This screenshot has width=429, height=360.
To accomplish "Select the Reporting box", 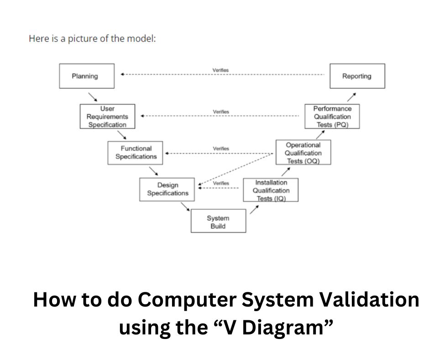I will (357, 76).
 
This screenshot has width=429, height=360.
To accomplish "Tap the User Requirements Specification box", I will (107, 116).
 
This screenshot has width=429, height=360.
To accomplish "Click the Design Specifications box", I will (167, 189).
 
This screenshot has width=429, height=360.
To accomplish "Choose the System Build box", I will (218, 222).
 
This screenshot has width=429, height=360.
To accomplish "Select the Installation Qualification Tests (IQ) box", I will (271, 190).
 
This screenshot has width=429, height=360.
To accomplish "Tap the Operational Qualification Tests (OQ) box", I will (303, 153).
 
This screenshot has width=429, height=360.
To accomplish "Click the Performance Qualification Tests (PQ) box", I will (332, 116).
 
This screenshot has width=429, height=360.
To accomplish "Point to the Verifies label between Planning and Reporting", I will (220, 70).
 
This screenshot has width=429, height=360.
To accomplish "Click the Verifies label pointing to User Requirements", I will (221, 111).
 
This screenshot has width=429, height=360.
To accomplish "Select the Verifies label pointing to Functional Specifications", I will (221, 148).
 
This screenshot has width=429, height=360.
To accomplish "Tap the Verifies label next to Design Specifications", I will (221, 183).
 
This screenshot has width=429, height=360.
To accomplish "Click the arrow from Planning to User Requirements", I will (93, 96).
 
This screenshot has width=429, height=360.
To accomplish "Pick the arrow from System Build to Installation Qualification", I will (255, 210).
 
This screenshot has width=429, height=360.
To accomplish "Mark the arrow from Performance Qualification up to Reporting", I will (351, 96).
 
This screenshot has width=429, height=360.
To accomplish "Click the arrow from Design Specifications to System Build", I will (185, 207).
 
